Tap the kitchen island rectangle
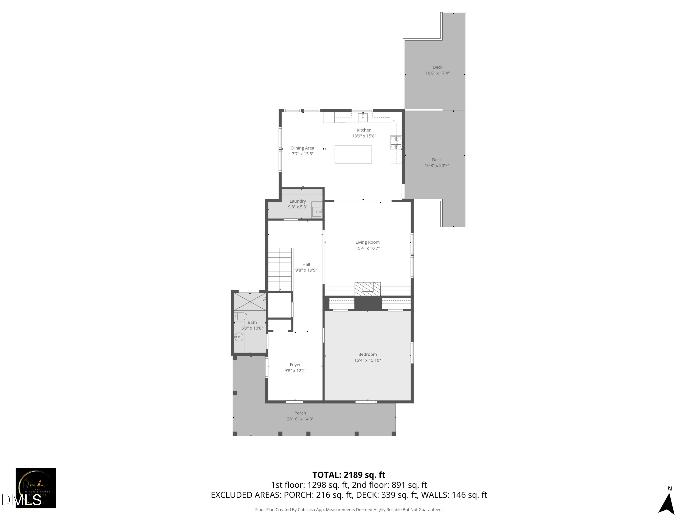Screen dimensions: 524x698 point(353,154)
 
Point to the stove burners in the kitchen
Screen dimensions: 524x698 point(396,143)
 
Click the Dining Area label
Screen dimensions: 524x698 point(302,148)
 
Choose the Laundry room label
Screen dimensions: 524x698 point(298,201)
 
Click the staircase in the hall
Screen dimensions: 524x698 point(280,269)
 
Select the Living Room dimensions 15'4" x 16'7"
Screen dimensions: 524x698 point(367,248)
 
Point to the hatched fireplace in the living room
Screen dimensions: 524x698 point(368,289)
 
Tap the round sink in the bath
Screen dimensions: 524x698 point(239,337)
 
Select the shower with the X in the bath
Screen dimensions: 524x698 point(250,302)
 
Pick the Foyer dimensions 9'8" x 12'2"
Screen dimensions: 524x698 point(295,371)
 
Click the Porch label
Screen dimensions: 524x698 point(300,413)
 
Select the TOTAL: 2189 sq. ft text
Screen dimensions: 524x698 point(349,475)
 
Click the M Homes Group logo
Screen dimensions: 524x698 point(36,488)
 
